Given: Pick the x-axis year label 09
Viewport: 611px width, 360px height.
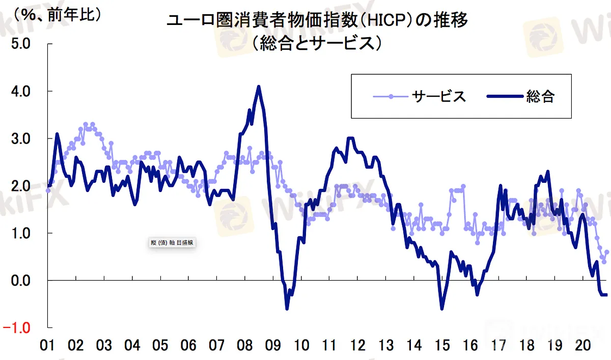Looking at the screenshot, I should [273, 345].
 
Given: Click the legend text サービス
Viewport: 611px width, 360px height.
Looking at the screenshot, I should [439, 96].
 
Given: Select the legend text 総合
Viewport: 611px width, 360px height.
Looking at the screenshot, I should [540, 96].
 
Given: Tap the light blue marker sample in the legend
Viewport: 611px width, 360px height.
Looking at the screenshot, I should [390, 96].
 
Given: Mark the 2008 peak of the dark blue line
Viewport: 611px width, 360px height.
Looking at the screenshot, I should [259, 87].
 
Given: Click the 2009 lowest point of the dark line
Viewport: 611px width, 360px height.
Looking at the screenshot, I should [287, 309].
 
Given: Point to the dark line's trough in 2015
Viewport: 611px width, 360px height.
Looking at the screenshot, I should [442, 309].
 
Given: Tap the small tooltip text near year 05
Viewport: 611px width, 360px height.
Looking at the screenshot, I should [170, 243].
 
